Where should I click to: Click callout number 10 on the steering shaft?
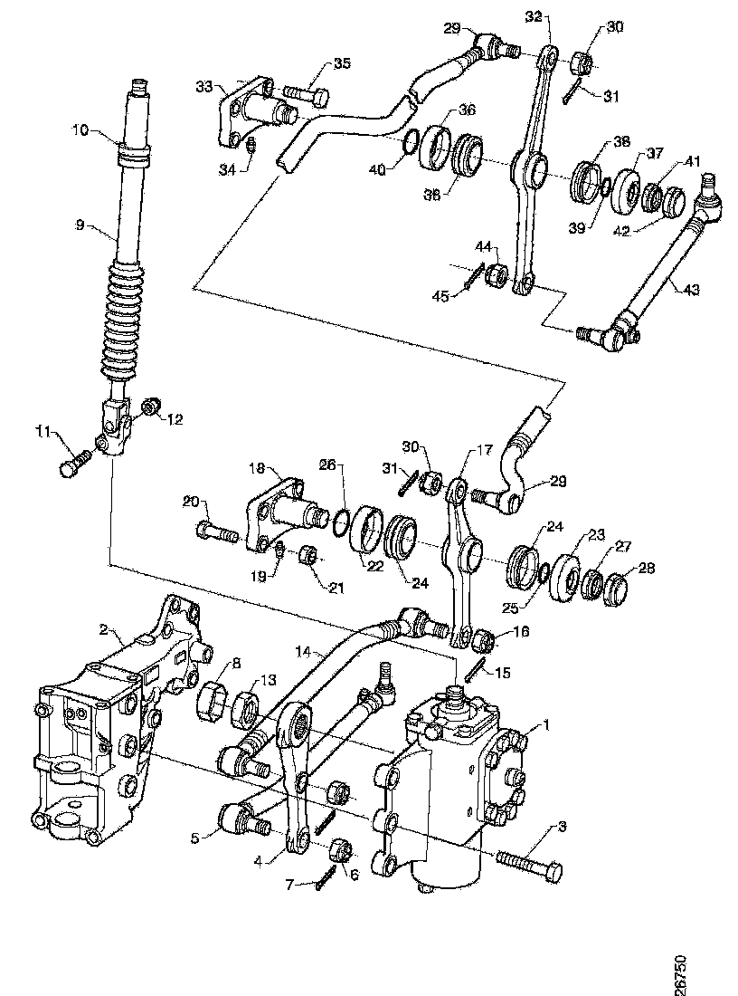(x=80, y=131)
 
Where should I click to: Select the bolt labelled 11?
(x=75, y=462)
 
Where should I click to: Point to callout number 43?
(x=691, y=290)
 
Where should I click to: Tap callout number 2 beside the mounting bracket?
(x=104, y=629)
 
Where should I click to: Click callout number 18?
(x=256, y=469)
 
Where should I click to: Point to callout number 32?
(x=533, y=16)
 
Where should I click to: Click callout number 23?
(x=597, y=535)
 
